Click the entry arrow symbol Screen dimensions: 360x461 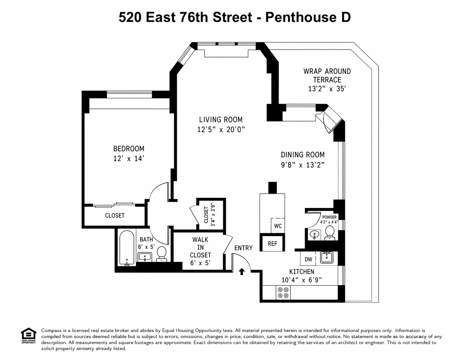pos(242,272)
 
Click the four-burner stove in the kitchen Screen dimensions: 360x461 pos(283,292)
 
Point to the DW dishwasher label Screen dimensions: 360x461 pos(308,259)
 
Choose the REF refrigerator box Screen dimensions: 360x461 pos(272,243)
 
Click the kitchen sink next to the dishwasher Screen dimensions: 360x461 pos(326,258)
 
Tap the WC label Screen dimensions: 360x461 pos(278,226)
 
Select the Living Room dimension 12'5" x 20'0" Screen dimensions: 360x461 pos(221,130)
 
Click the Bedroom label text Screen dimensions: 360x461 pos(129,149)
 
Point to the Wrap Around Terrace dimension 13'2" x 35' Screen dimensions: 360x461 pos(327,89)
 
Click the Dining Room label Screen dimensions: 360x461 pos(303,155)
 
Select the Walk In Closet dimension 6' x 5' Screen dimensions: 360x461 pos(200,263)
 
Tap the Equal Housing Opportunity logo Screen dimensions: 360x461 pos(29,336)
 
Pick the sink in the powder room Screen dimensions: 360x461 pos(314,234)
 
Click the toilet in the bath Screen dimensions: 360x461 pos(161,253)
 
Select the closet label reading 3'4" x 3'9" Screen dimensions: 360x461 pos(213,215)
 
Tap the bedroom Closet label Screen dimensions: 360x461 pos(115,215)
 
